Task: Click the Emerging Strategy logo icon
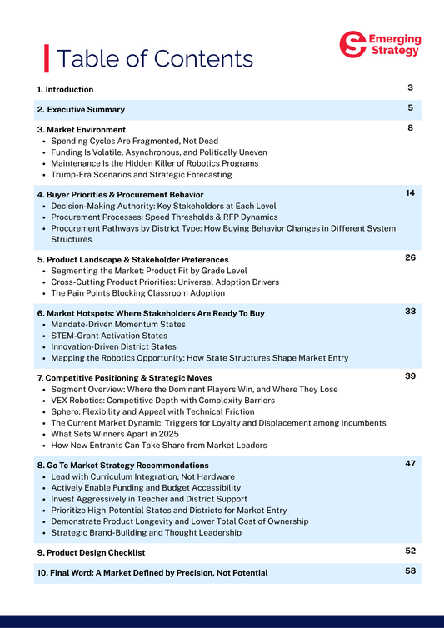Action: (x=354, y=44)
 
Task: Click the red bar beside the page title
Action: (x=46, y=58)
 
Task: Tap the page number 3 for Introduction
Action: (x=411, y=87)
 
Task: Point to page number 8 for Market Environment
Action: (x=411, y=128)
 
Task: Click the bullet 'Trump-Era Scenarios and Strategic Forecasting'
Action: (x=142, y=175)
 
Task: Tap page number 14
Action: (x=411, y=193)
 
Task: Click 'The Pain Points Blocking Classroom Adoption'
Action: (x=137, y=293)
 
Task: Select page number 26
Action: (x=411, y=257)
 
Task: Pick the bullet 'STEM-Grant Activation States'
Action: (x=109, y=336)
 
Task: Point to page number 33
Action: (x=411, y=311)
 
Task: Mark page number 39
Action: (x=411, y=376)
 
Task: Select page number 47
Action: (x=411, y=463)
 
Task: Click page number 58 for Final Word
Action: (x=411, y=571)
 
